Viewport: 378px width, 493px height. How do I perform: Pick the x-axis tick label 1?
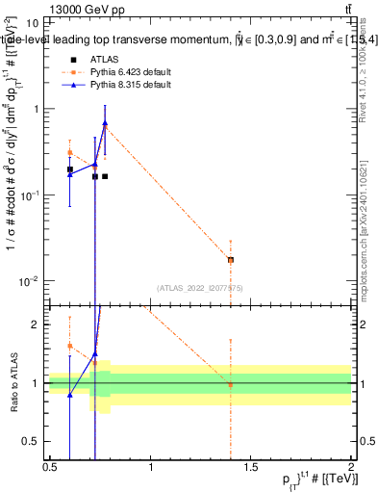(x=151, y=467)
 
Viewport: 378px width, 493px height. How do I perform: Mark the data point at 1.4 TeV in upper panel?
(x=231, y=260)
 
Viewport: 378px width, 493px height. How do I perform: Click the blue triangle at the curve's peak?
(x=105, y=123)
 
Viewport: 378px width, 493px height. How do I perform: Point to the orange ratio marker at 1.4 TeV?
(x=231, y=385)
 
